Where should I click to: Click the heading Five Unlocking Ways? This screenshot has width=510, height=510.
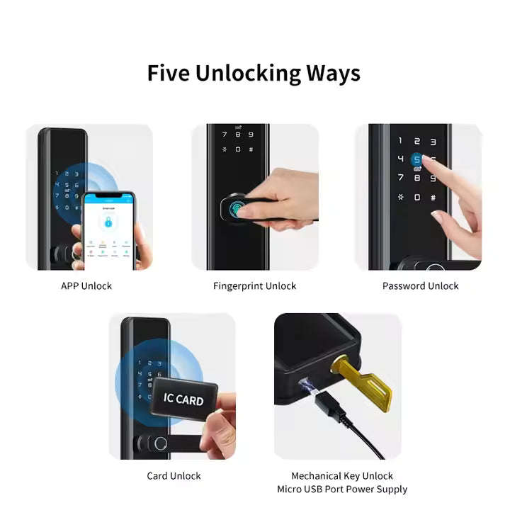coord(254,74)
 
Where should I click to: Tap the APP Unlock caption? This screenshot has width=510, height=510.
coord(86,286)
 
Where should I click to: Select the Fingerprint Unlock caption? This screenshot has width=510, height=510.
coord(254,286)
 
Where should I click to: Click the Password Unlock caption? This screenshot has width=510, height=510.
coord(420,286)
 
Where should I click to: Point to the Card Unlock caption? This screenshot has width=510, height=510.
coord(174,476)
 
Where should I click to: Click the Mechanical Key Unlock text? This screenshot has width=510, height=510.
coord(342,476)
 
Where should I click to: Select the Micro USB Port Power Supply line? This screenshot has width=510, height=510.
coord(342,489)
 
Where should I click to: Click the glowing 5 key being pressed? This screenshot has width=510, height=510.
coord(417,160)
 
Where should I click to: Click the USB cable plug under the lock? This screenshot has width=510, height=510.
coord(327,407)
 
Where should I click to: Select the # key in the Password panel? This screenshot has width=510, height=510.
coord(433,197)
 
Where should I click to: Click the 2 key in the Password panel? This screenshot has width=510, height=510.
coord(417,142)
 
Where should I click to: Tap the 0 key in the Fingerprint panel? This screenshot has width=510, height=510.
coord(238,149)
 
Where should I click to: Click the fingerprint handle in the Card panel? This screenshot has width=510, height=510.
coord(160,445)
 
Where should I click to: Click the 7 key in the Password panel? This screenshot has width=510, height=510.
coord(401,178)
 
